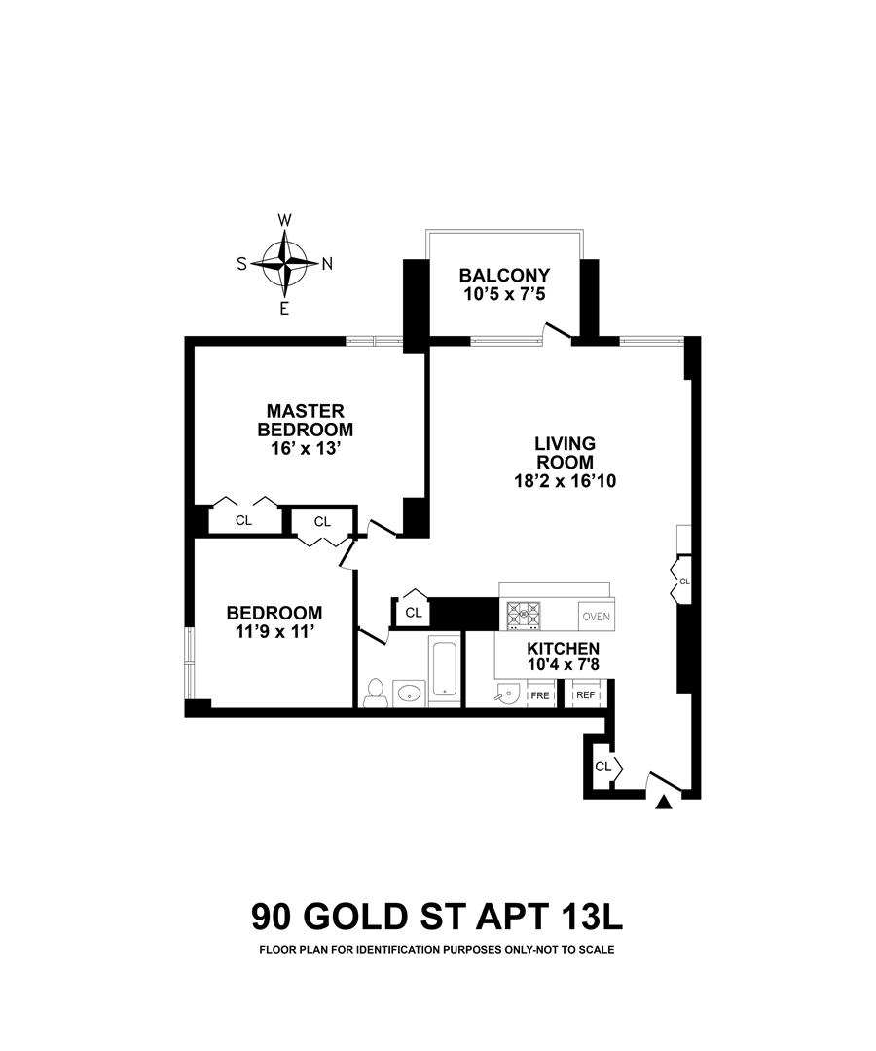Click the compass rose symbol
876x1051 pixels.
(x=285, y=263)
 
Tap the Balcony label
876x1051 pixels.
(x=505, y=275)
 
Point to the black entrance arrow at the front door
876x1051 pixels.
(x=665, y=802)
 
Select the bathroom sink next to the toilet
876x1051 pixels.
(x=407, y=694)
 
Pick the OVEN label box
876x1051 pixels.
(x=595, y=616)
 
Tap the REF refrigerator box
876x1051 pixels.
(x=585, y=694)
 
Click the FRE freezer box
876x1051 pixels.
(x=539, y=694)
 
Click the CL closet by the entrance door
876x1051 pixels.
(x=602, y=767)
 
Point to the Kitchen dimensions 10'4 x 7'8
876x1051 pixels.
(x=563, y=666)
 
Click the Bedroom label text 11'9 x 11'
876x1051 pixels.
(x=274, y=631)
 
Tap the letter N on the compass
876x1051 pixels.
(x=328, y=263)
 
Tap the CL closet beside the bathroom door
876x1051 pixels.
(x=414, y=613)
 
